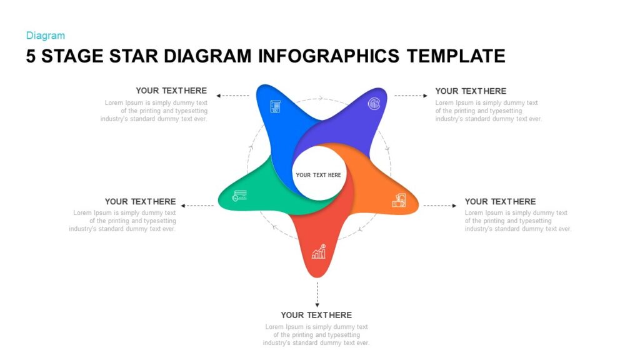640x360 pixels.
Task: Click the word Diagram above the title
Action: pos(45,36)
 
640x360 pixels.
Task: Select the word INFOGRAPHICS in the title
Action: pos(329,56)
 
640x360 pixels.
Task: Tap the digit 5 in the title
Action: pos(31,56)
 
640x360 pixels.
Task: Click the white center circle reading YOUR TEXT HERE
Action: pos(319,174)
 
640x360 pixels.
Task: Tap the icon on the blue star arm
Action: pos(275,106)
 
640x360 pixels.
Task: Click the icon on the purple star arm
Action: pos(374,104)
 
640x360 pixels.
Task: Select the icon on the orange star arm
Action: pos(399,200)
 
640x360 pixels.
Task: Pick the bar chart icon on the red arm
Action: pos(319,251)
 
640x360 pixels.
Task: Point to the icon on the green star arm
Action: pos(239,196)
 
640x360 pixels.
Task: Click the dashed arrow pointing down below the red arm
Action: pos(317,294)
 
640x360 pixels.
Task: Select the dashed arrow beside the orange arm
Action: pos(440,205)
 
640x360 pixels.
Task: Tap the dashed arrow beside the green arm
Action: pos(197,205)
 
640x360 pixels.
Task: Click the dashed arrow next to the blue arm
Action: pos(232,96)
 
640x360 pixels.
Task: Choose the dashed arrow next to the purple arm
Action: pos(411,96)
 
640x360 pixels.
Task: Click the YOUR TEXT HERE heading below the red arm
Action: pos(316,315)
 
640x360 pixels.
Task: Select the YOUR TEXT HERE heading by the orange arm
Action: pos(500,201)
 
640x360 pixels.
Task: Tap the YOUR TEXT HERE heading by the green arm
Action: pos(140,201)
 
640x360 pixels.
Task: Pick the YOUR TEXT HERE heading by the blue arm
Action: pos(171,91)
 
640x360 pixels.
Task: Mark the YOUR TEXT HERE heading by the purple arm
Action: pos(471,91)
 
